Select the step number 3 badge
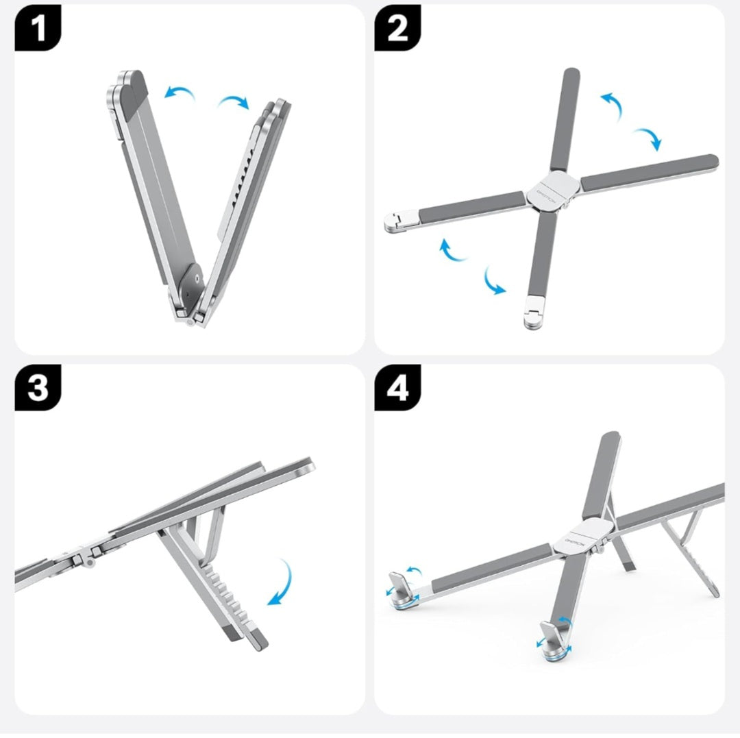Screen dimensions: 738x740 38,388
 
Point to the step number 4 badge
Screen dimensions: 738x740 397,388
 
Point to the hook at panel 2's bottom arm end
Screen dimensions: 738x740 532,315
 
